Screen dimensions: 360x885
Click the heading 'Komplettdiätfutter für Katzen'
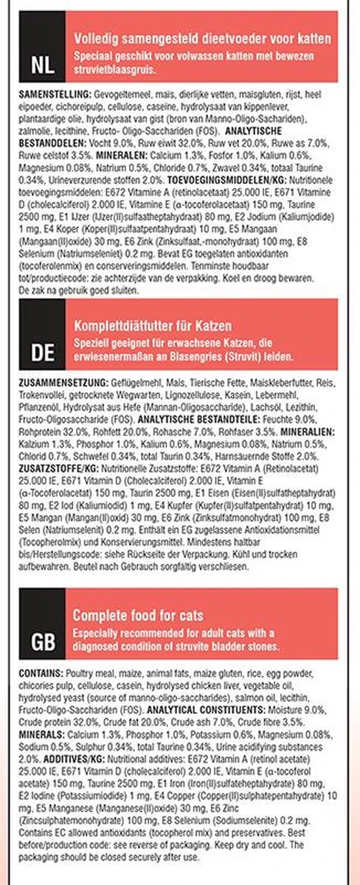click(151, 326)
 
